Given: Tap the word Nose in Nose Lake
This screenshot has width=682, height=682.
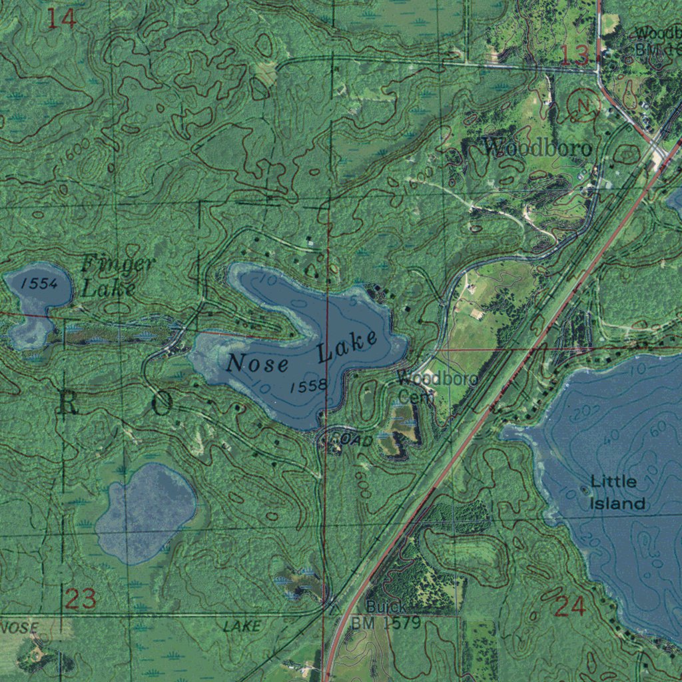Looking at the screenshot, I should pyautogui.click(x=257, y=364).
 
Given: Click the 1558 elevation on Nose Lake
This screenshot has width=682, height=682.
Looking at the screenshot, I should pyautogui.click(x=308, y=386).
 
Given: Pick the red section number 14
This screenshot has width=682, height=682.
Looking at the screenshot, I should pyautogui.click(x=61, y=18).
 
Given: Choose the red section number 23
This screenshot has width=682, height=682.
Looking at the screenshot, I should pyautogui.click(x=81, y=599).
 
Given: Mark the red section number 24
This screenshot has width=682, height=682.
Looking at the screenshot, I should pyautogui.click(x=569, y=606).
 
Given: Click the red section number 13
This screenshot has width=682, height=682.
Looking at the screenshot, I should pyautogui.click(x=574, y=56).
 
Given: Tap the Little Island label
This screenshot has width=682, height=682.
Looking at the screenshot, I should pyautogui.click(x=614, y=492).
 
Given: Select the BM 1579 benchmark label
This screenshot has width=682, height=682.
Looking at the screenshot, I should pyautogui.click(x=386, y=623).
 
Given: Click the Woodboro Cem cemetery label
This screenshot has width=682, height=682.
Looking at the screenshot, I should pyautogui.click(x=436, y=387).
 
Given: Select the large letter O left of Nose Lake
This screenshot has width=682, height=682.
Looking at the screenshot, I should pyautogui.click(x=163, y=404).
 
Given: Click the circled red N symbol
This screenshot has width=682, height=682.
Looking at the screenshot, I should pyautogui.click(x=584, y=105).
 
